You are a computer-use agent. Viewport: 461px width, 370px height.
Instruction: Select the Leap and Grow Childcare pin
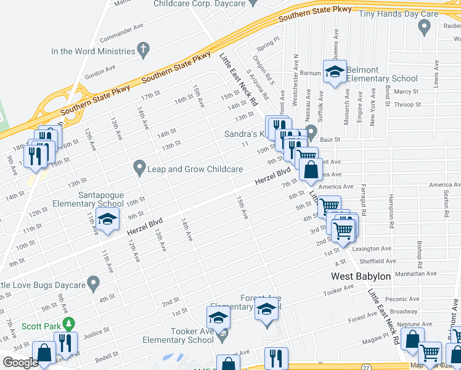pos(140,167)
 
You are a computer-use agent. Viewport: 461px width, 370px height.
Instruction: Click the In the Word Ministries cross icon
pos(144,49)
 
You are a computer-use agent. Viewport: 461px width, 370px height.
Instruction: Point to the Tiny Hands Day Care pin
pos(423,27)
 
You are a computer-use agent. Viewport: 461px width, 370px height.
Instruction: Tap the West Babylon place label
pos(361,276)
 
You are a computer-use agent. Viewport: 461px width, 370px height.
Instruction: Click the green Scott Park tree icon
pos(70,323)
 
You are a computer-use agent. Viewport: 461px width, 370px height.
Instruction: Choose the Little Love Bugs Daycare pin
pos(94,284)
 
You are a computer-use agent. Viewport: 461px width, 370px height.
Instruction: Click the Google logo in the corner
pos(20,363)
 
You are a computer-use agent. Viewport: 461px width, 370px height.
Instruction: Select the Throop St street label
pos(407,105)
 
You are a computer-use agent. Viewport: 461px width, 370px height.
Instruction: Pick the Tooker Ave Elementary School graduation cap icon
pos(218,318)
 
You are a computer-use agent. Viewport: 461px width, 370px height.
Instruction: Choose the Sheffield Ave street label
pos(374,261)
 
